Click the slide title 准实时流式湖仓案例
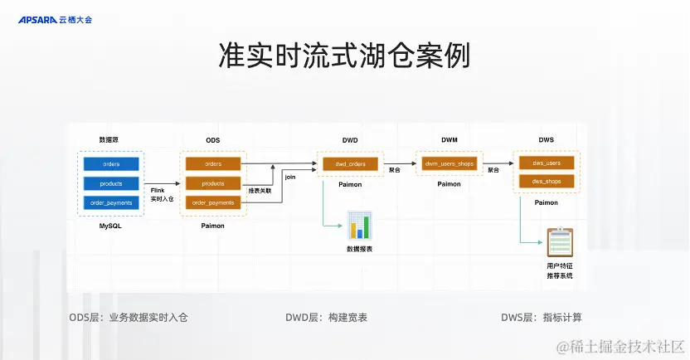344,56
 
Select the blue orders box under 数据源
111,164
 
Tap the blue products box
111,183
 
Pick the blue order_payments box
111,203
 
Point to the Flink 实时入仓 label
162,194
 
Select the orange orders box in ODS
213,164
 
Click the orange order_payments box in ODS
213,203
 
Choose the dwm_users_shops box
449,164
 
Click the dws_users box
547,163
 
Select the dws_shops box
547,181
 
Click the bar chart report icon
359,226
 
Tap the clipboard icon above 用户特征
559,242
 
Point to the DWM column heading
449,140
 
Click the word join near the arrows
289,177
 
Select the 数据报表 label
359,249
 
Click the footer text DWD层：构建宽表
326,317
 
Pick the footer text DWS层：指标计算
542,317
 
